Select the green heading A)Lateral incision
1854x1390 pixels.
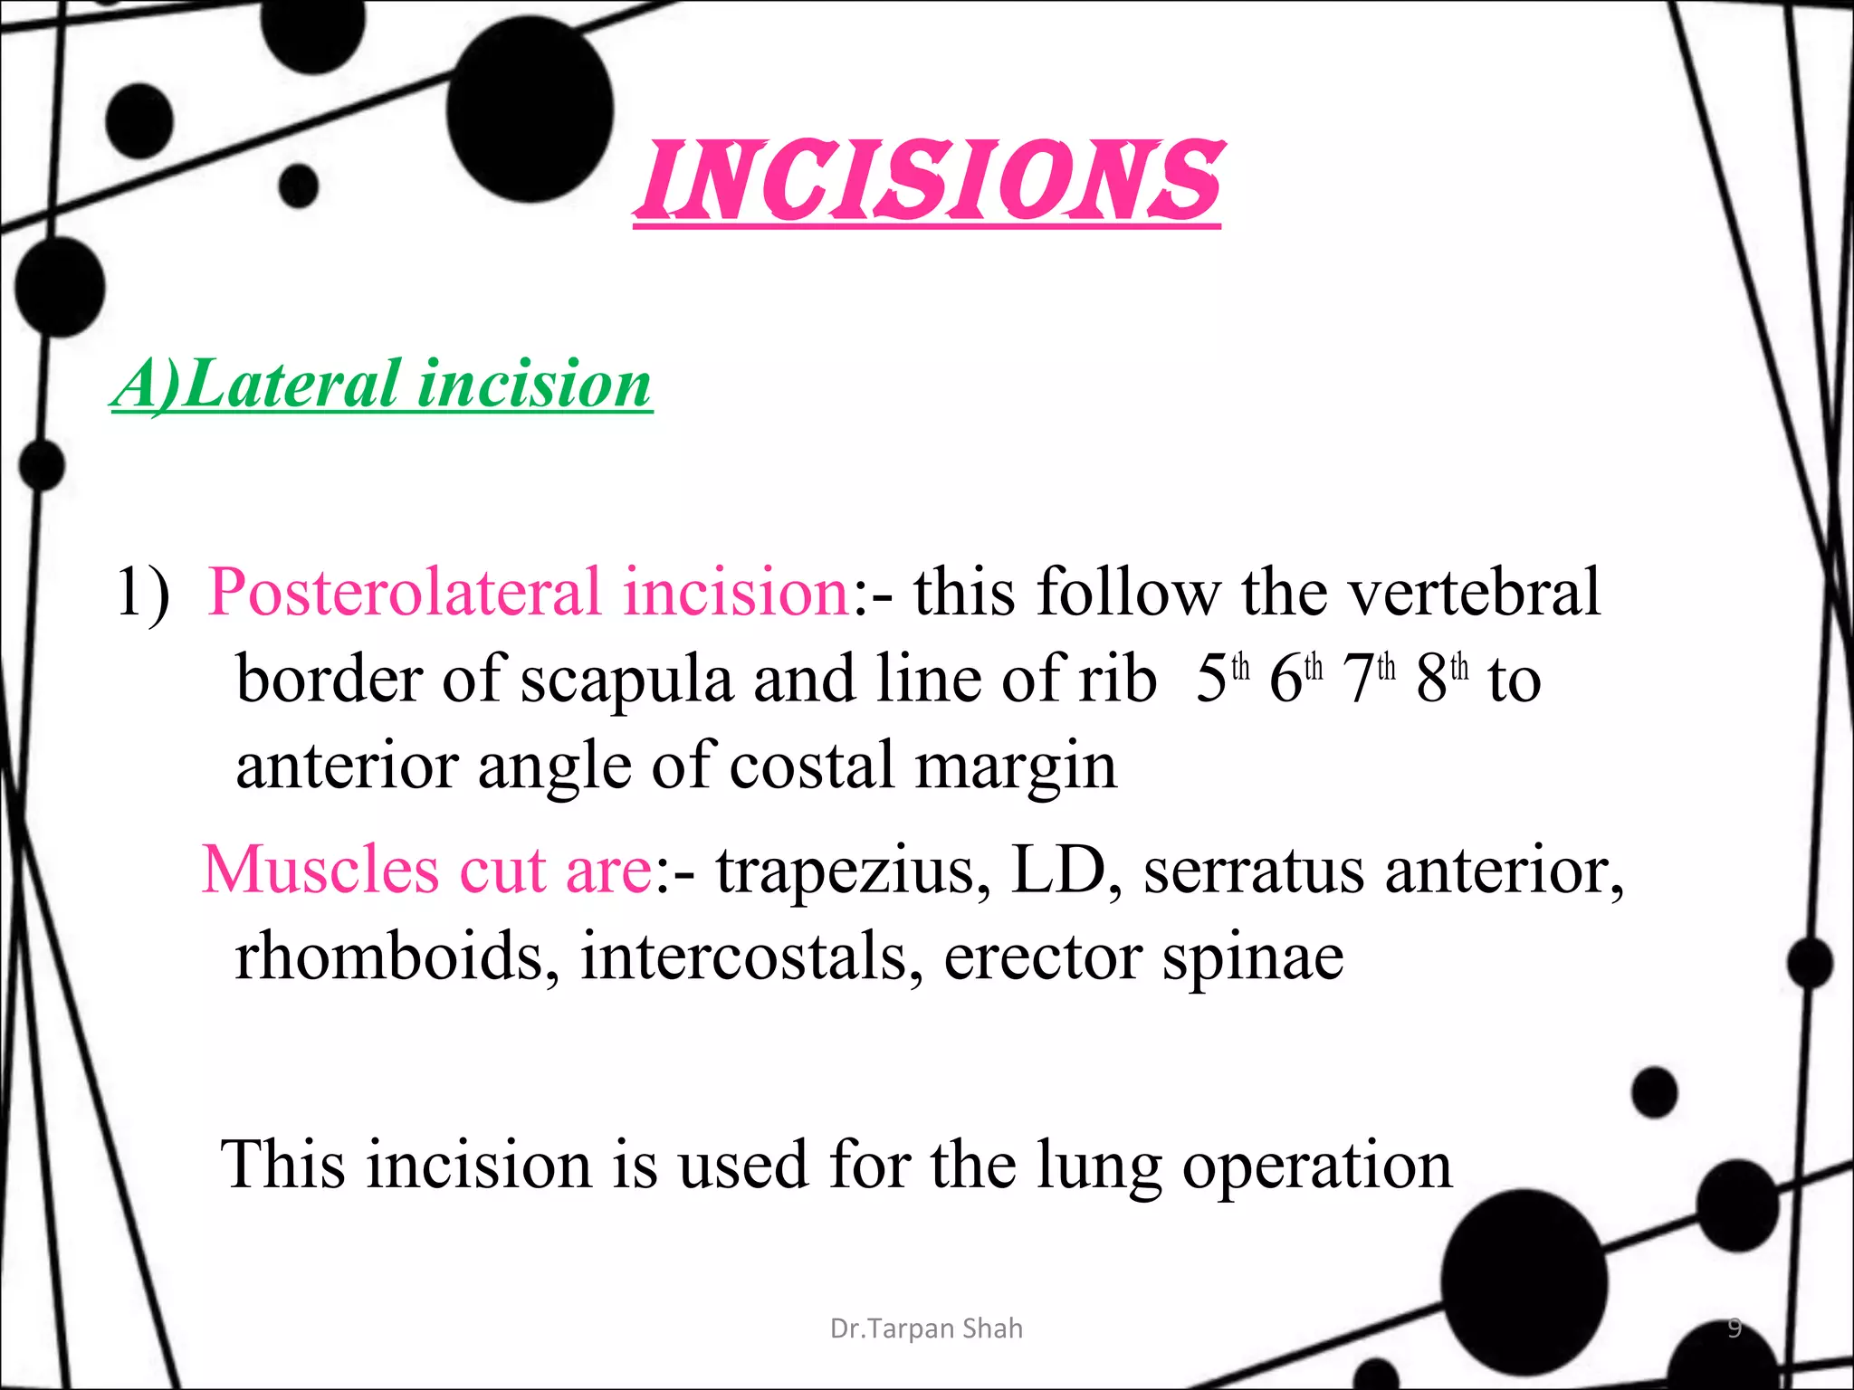pos(381,384)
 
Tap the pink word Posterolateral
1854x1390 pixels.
pos(404,592)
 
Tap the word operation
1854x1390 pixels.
pos(1317,1166)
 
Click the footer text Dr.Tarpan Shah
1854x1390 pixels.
pos(926,1328)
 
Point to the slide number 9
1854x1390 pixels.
pos(1735,1328)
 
